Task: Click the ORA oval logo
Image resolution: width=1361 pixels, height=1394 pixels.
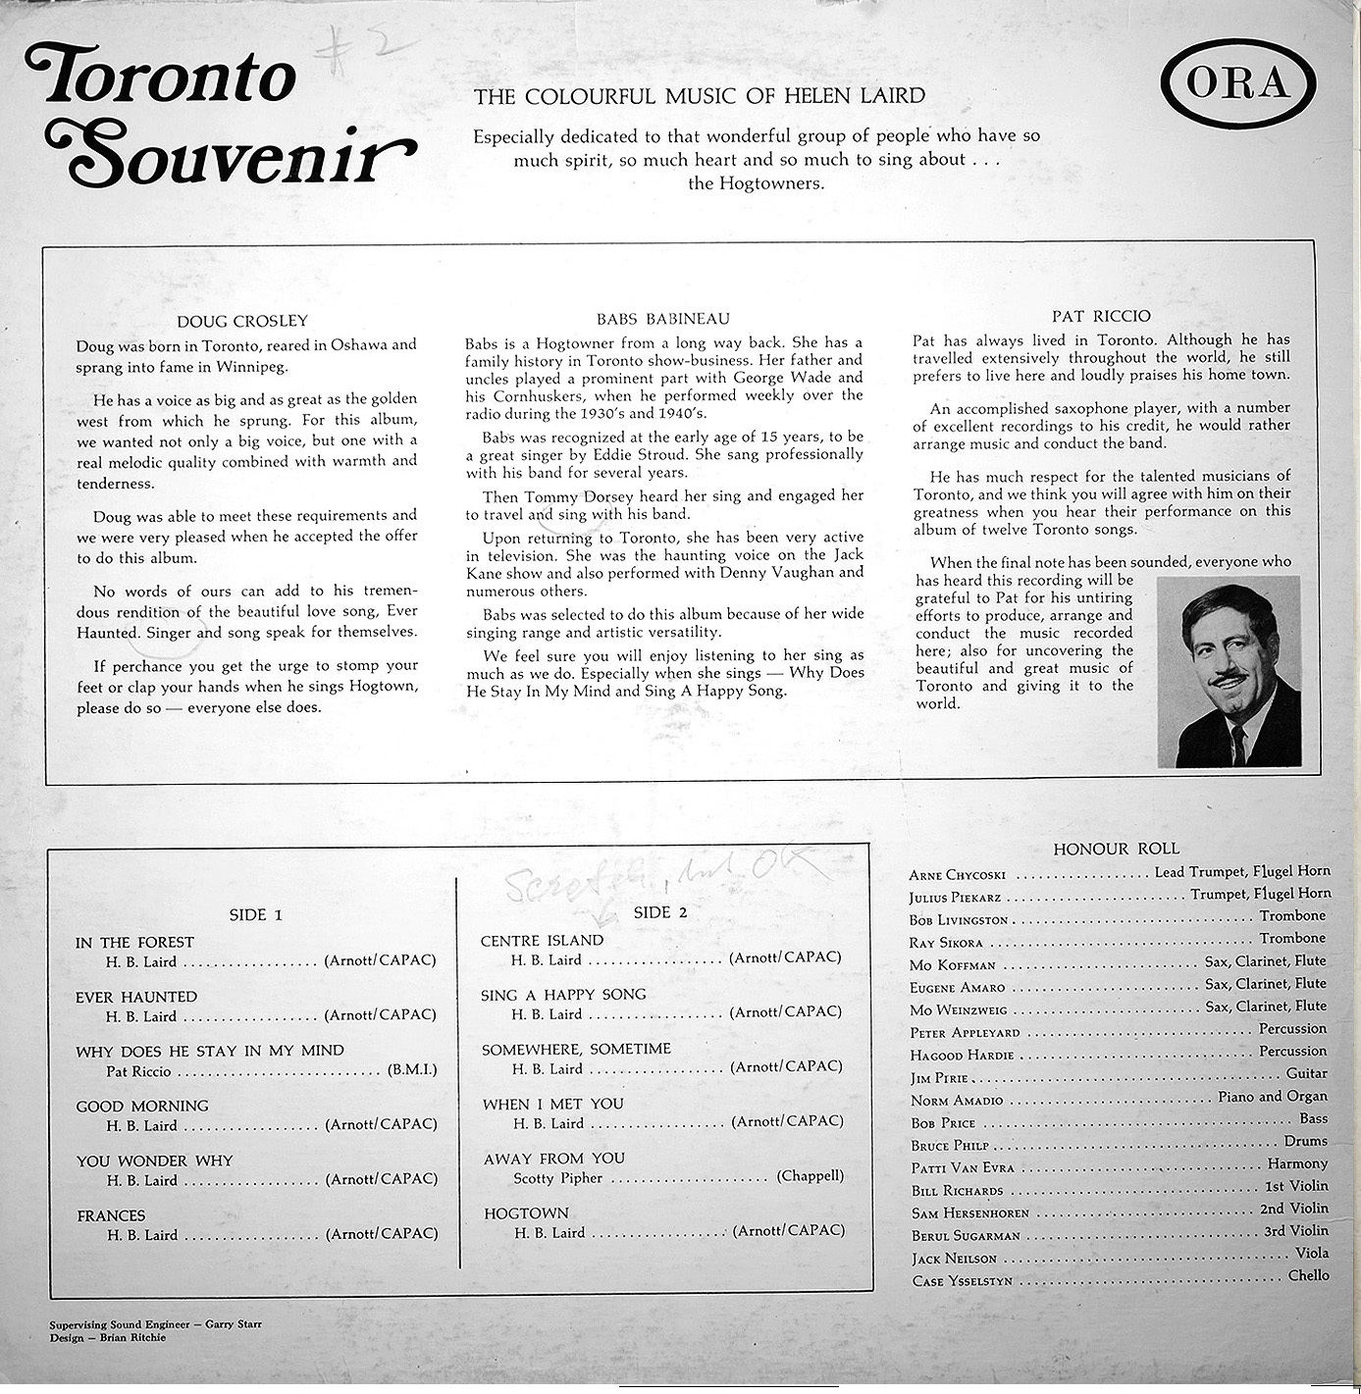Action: pos(1238,84)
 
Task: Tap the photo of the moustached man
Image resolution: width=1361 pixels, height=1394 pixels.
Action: pos(1229,671)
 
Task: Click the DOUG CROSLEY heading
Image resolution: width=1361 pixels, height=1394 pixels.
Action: pos(242,321)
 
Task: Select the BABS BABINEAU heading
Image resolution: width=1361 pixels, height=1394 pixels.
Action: pos(663,319)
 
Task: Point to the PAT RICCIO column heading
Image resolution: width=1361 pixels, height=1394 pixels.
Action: pos(1101,316)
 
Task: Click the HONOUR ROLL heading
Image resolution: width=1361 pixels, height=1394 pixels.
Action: pos(1116,849)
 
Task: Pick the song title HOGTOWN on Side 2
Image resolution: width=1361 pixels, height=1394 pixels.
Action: pos(526,1213)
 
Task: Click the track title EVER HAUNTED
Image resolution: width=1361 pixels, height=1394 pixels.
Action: pos(136,997)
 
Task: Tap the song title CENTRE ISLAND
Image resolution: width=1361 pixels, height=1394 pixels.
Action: pos(542,941)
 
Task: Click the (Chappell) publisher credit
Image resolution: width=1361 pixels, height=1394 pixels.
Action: pos(810,1175)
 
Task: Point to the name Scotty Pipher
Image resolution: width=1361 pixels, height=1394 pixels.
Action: pos(557,1177)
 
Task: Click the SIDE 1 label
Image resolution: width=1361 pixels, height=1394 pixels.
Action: pos(255,914)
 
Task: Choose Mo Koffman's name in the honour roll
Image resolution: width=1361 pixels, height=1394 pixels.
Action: pos(952,965)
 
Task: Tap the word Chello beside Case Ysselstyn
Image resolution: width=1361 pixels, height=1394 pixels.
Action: pos(1308,1275)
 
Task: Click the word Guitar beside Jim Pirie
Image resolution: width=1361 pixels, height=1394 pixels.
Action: pos(1306,1073)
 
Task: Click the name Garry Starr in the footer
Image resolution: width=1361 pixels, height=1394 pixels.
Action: pos(234,1324)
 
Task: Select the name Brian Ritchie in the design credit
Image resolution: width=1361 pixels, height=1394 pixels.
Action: pos(132,1337)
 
